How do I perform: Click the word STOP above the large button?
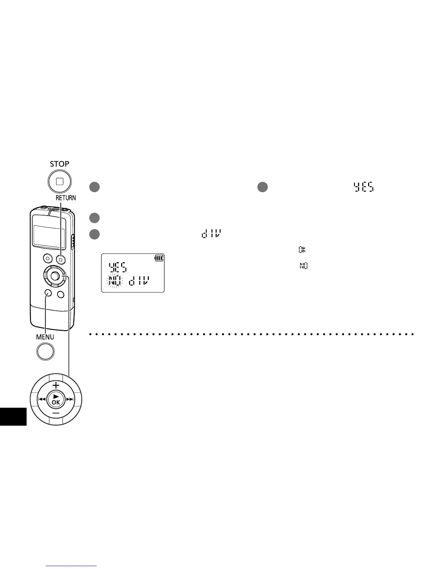tap(60, 164)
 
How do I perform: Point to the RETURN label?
tap(66, 198)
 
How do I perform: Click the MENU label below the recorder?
tap(45, 337)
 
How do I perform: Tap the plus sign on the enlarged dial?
tap(56, 385)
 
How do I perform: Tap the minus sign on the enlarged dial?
tap(56, 414)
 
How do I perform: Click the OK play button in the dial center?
tap(56, 399)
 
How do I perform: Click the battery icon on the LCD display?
tap(159, 258)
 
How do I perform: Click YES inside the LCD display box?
tap(118, 267)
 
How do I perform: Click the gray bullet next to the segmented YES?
tap(263, 187)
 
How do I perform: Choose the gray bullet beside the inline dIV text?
tap(95, 234)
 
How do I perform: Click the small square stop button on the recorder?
tap(61, 258)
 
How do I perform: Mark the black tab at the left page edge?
tap(13, 417)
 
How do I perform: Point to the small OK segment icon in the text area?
tap(302, 250)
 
